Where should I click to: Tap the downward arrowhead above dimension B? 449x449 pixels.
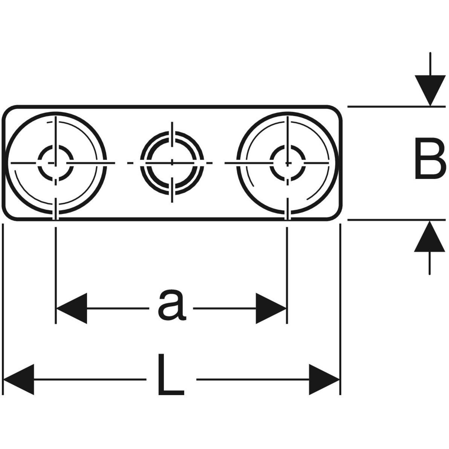click(430, 90)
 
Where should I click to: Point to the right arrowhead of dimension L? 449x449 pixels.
click(324, 379)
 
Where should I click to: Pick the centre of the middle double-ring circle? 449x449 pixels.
click(172, 162)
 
